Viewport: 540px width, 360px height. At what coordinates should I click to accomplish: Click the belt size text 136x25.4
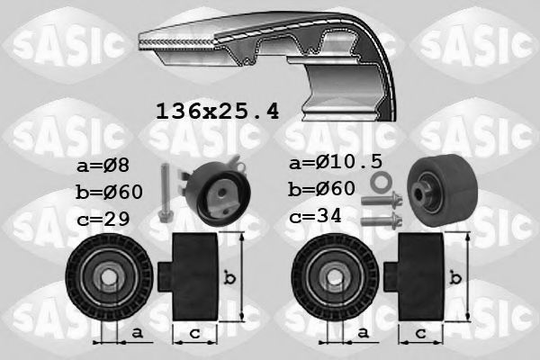tap(218, 112)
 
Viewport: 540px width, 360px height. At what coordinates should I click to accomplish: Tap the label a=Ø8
tap(103, 166)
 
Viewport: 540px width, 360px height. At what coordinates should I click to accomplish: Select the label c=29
tap(103, 219)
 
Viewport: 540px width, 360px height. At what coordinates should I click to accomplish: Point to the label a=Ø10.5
tap(336, 162)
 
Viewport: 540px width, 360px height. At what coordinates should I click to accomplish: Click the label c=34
tap(315, 216)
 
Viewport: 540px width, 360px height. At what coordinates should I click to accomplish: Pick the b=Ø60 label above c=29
tap(109, 192)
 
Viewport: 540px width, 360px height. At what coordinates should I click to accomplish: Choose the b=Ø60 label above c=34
tap(321, 189)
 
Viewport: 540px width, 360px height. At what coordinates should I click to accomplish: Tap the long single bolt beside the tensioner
tap(166, 192)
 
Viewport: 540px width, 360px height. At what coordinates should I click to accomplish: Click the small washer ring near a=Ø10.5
tap(382, 182)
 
